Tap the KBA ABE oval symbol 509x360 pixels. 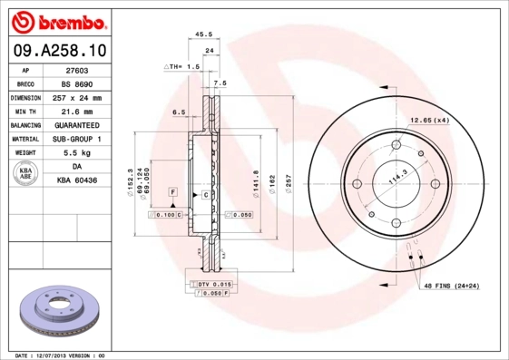(x=26, y=173)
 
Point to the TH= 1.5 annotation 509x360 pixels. (x=181, y=67)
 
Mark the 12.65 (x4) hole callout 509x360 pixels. (x=429, y=121)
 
